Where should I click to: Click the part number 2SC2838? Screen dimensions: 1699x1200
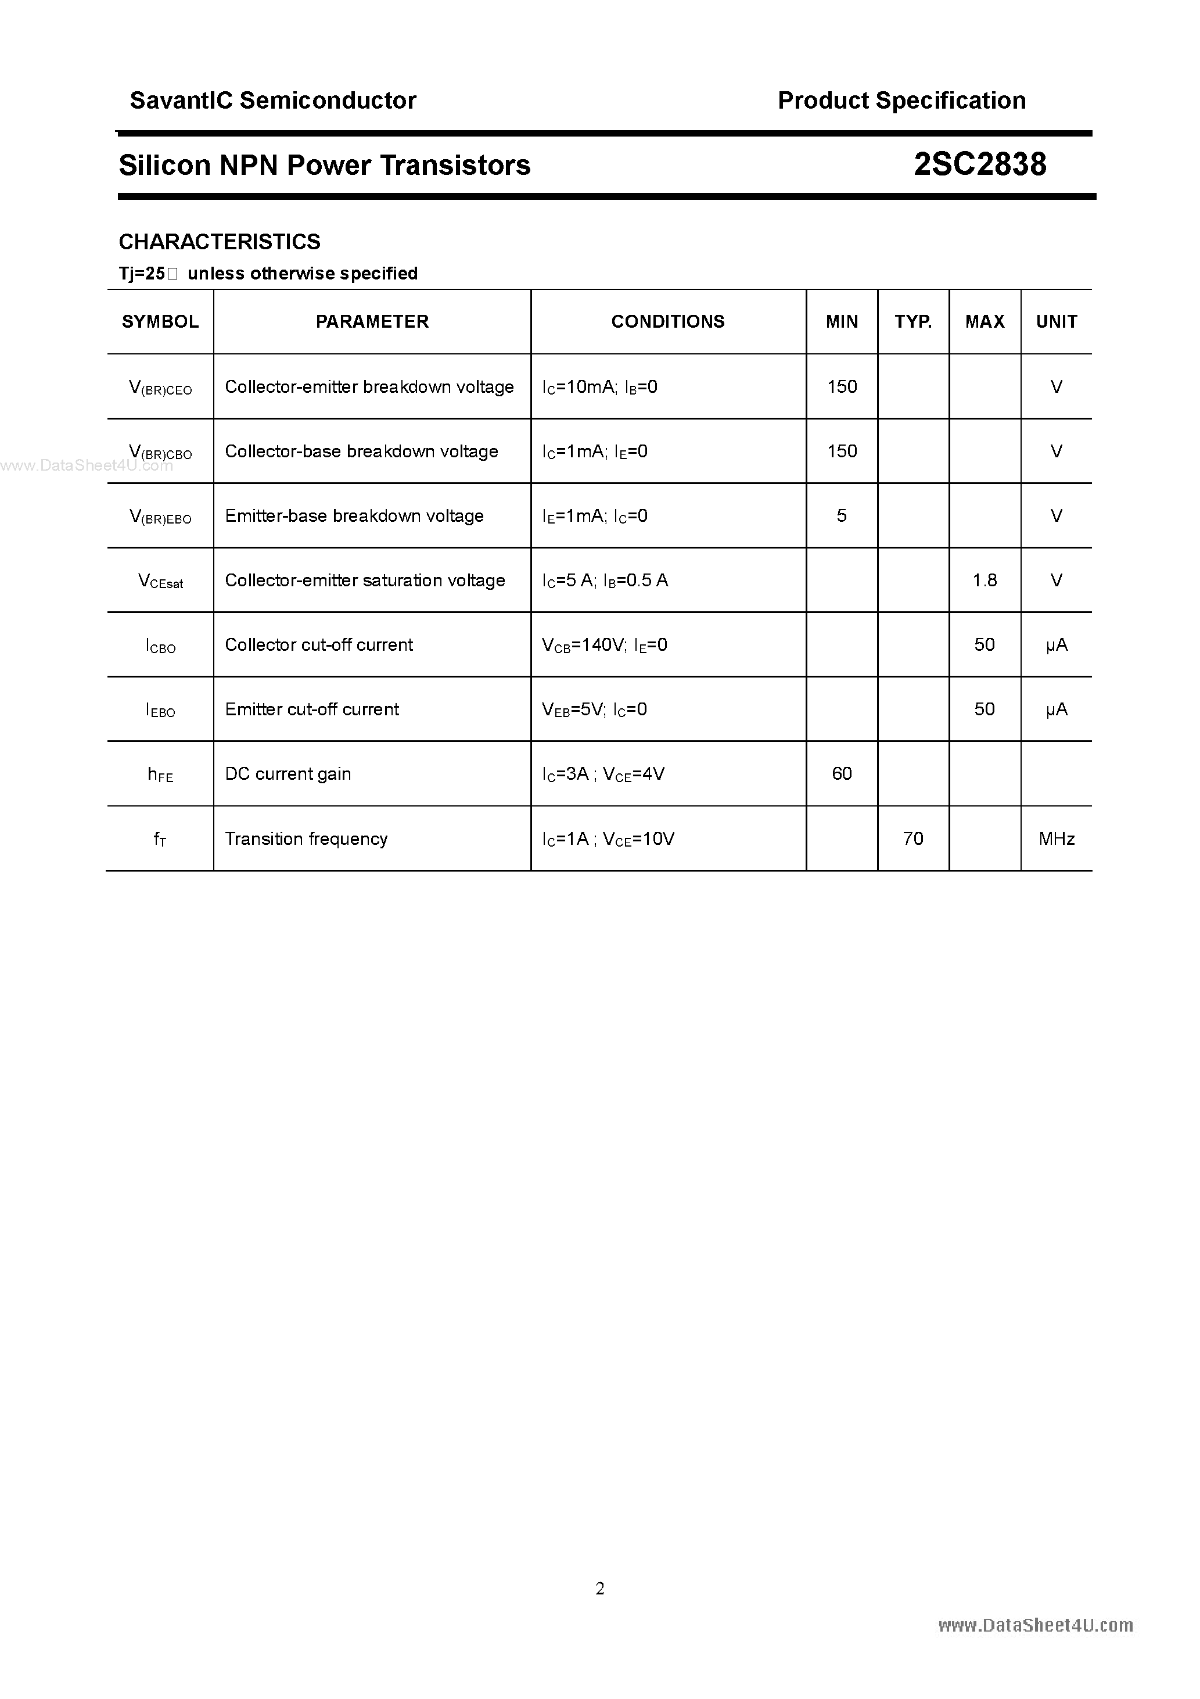979,164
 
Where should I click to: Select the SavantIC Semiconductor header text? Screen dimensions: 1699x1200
273,101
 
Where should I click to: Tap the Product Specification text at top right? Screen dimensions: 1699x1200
901,101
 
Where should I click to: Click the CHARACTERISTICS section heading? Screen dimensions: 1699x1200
220,242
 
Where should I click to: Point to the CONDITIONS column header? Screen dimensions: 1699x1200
667,322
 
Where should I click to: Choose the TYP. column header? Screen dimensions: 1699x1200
913,322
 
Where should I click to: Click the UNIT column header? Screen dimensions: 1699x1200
1056,322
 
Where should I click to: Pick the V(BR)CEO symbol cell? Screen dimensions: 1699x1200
160,388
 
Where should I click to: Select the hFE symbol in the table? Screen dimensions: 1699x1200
160,775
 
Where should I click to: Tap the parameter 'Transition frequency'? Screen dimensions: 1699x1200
306,839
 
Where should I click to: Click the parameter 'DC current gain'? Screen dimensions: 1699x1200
288,774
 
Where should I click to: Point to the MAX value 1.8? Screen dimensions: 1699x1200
985,580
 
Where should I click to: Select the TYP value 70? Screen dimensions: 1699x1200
913,838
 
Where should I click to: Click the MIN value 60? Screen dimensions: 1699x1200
842,774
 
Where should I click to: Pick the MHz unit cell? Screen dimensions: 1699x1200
1056,838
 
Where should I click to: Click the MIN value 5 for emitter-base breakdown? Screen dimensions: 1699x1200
842,516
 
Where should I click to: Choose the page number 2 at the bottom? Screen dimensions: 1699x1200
600,1588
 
